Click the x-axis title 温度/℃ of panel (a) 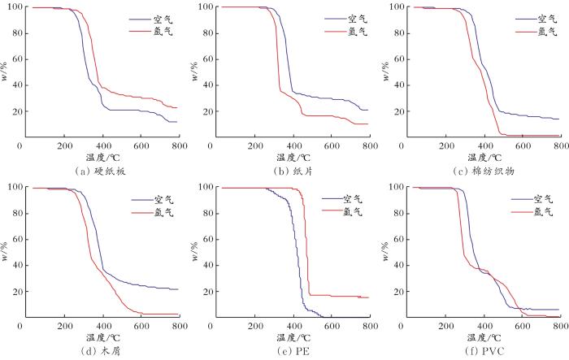(x=102, y=156)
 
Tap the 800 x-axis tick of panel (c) (x=560, y=146)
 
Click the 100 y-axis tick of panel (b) (x=205, y=7)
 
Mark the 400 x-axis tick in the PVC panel (x=484, y=327)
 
